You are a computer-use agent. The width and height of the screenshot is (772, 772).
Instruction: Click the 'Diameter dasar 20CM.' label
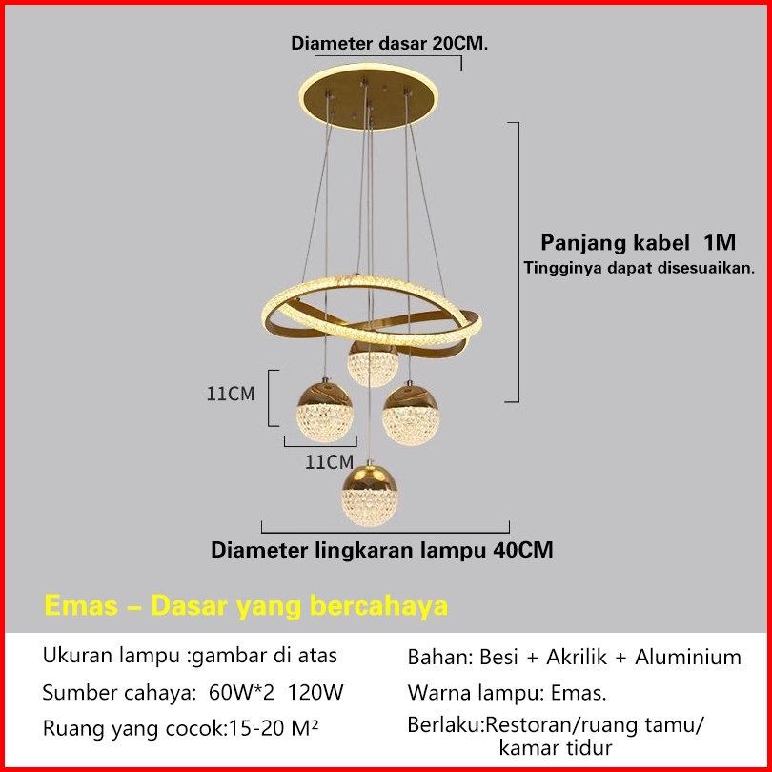click(390, 43)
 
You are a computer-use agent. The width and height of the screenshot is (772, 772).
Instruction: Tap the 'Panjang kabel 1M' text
click(639, 241)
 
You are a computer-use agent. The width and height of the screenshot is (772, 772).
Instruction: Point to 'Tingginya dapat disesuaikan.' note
click(639, 268)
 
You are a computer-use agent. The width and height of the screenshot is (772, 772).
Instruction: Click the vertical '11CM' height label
click(232, 393)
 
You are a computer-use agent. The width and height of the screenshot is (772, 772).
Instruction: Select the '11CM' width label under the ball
click(329, 462)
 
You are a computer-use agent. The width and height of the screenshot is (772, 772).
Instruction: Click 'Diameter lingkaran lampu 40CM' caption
click(381, 550)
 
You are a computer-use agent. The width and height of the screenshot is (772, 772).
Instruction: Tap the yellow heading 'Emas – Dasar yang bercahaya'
click(246, 606)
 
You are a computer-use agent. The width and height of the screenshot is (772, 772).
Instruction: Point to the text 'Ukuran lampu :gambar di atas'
click(190, 656)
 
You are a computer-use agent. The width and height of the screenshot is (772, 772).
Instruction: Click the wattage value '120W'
click(320, 692)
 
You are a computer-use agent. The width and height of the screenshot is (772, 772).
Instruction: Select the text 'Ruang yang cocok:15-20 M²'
click(181, 728)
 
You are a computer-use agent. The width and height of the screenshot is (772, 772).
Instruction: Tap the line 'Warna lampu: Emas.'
click(506, 692)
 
